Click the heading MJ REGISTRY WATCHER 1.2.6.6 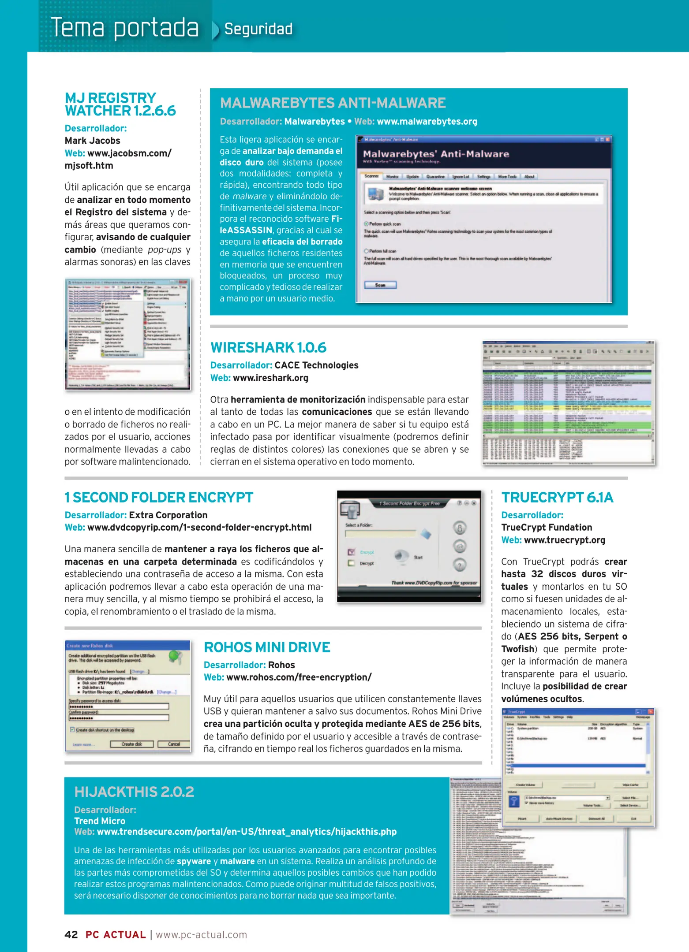[x=120, y=104]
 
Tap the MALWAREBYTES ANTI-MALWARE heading [x=333, y=103]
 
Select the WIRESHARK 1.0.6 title [x=268, y=348]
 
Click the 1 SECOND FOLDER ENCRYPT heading [x=159, y=498]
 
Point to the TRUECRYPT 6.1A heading [x=557, y=498]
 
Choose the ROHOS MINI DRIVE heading [x=267, y=647]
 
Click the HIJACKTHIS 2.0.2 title [x=134, y=792]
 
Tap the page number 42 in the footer [x=71, y=935]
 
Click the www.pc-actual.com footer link [x=201, y=935]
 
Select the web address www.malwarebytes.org [x=427, y=122]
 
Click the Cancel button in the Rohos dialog [x=174, y=744]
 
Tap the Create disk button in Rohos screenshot [x=131, y=744]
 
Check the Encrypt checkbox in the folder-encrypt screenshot [x=352, y=552]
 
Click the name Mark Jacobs [x=93, y=141]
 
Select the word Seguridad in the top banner [x=258, y=29]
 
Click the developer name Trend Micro [x=100, y=821]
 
